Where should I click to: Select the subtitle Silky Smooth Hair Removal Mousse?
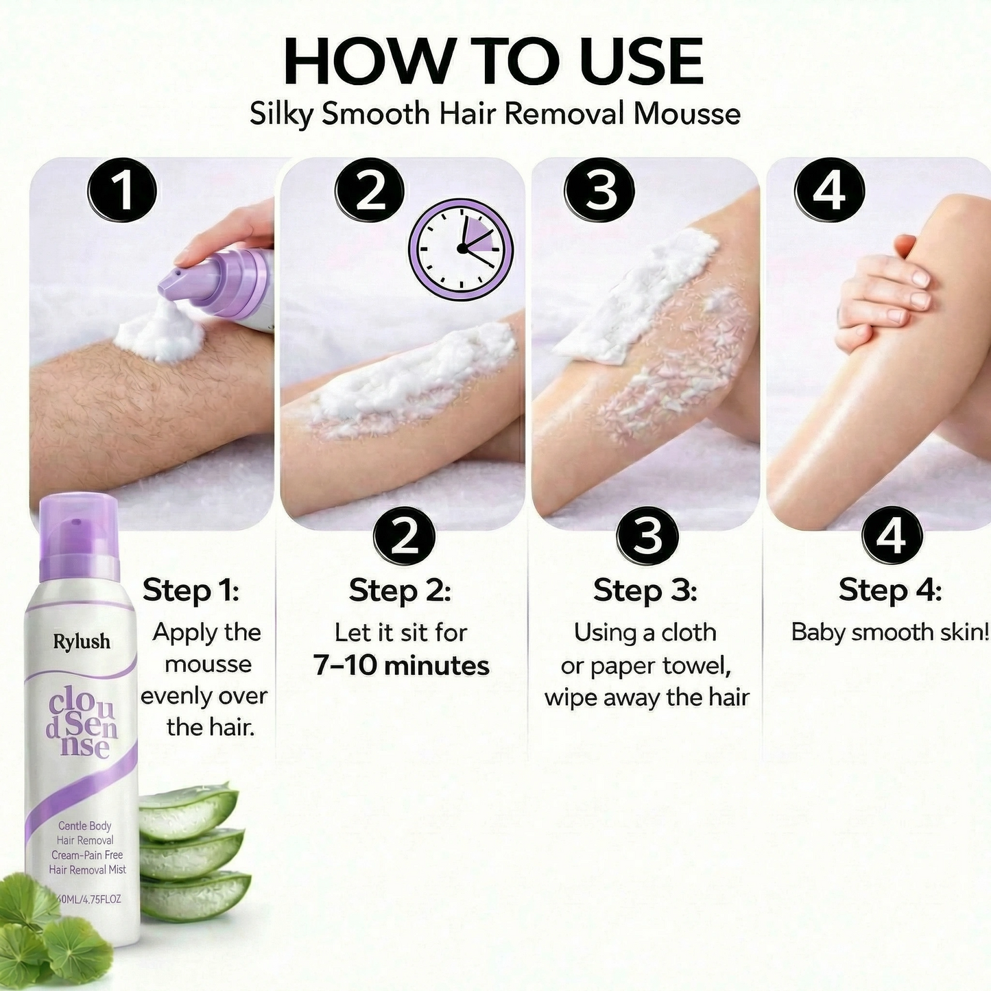pyautogui.click(x=494, y=114)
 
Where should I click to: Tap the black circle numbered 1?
pyautogui.click(x=122, y=191)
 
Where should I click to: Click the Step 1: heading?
pyautogui.click(x=191, y=590)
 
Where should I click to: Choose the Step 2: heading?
pyautogui.click(x=400, y=590)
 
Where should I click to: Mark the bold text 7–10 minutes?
pyautogui.click(x=401, y=665)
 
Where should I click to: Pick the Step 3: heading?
pyautogui.click(x=645, y=590)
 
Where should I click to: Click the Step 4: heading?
pyautogui.click(x=889, y=590)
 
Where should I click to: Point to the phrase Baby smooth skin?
pyautogui.click(x=889, y=632)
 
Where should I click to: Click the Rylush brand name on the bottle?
pyautogui.click(x=82, y=641)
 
